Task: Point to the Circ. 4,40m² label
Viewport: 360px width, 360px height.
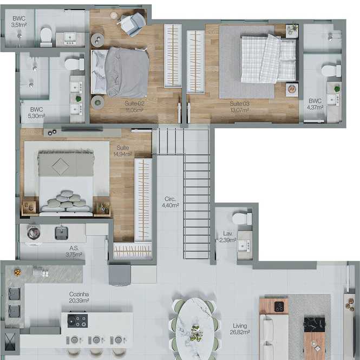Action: pos(171,202)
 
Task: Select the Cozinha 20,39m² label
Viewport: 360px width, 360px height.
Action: pos(79,297)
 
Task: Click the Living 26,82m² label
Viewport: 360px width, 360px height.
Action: pos(240,329)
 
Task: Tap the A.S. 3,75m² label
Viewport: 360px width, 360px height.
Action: pos(74,251)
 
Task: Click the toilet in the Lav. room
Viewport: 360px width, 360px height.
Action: pos(242,219)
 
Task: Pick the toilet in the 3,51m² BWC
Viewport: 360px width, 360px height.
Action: pos(46,37)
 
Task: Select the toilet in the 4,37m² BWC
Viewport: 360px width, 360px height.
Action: pos(331,71)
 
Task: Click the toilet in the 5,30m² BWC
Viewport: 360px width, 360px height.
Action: pos(74,64)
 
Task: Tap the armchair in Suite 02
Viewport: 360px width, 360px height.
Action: pos(132,24)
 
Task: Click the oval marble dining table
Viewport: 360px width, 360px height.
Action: pos(195,329)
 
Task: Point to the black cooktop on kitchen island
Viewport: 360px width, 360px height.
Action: pos(77,320)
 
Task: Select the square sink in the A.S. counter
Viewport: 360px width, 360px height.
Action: pos(62,233)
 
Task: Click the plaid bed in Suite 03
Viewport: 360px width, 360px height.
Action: pos(268,59)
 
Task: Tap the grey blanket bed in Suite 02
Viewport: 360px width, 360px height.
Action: pos(120,73)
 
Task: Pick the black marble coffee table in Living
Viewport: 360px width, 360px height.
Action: pos(315,325)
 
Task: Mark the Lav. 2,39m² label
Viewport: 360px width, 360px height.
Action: pos(227,237)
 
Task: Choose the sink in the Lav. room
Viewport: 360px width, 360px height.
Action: pos(244,246)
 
